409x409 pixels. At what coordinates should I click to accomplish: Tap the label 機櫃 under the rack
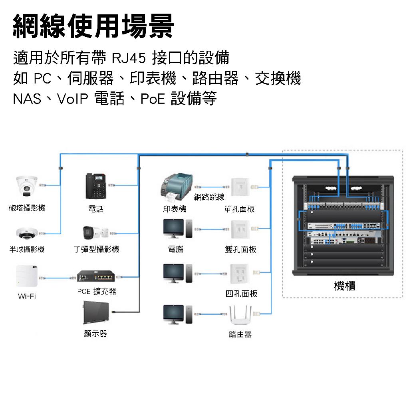344,286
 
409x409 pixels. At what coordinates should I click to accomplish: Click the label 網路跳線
209,197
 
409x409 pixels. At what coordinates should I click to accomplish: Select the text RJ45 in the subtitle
127,58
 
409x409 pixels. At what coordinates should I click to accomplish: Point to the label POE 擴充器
97,291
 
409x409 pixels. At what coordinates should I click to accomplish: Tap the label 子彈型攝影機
96,250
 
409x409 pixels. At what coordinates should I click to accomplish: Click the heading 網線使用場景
94,27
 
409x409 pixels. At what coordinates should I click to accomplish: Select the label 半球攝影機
27,250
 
